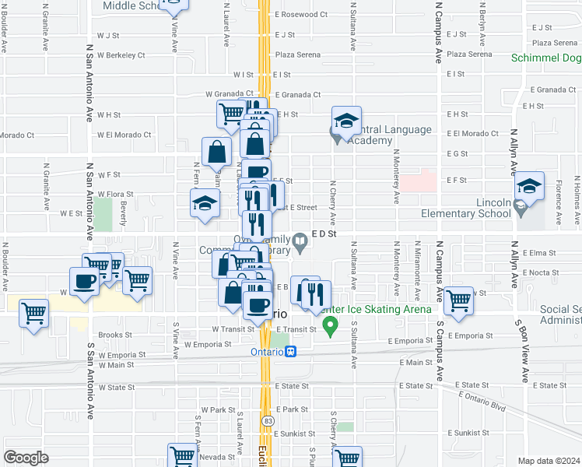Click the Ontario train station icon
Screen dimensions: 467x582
[291, 351]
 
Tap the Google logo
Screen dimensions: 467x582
[26, 458]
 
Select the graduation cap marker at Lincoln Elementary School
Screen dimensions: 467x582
[528, 188]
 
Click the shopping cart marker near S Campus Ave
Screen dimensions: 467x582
[458, 300]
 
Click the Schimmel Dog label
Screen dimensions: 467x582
[546, 58]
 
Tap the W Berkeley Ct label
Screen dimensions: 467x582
[121, 55]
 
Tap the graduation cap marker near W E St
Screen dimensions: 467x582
[205, 204]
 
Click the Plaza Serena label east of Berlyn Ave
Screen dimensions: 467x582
[554, 43]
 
